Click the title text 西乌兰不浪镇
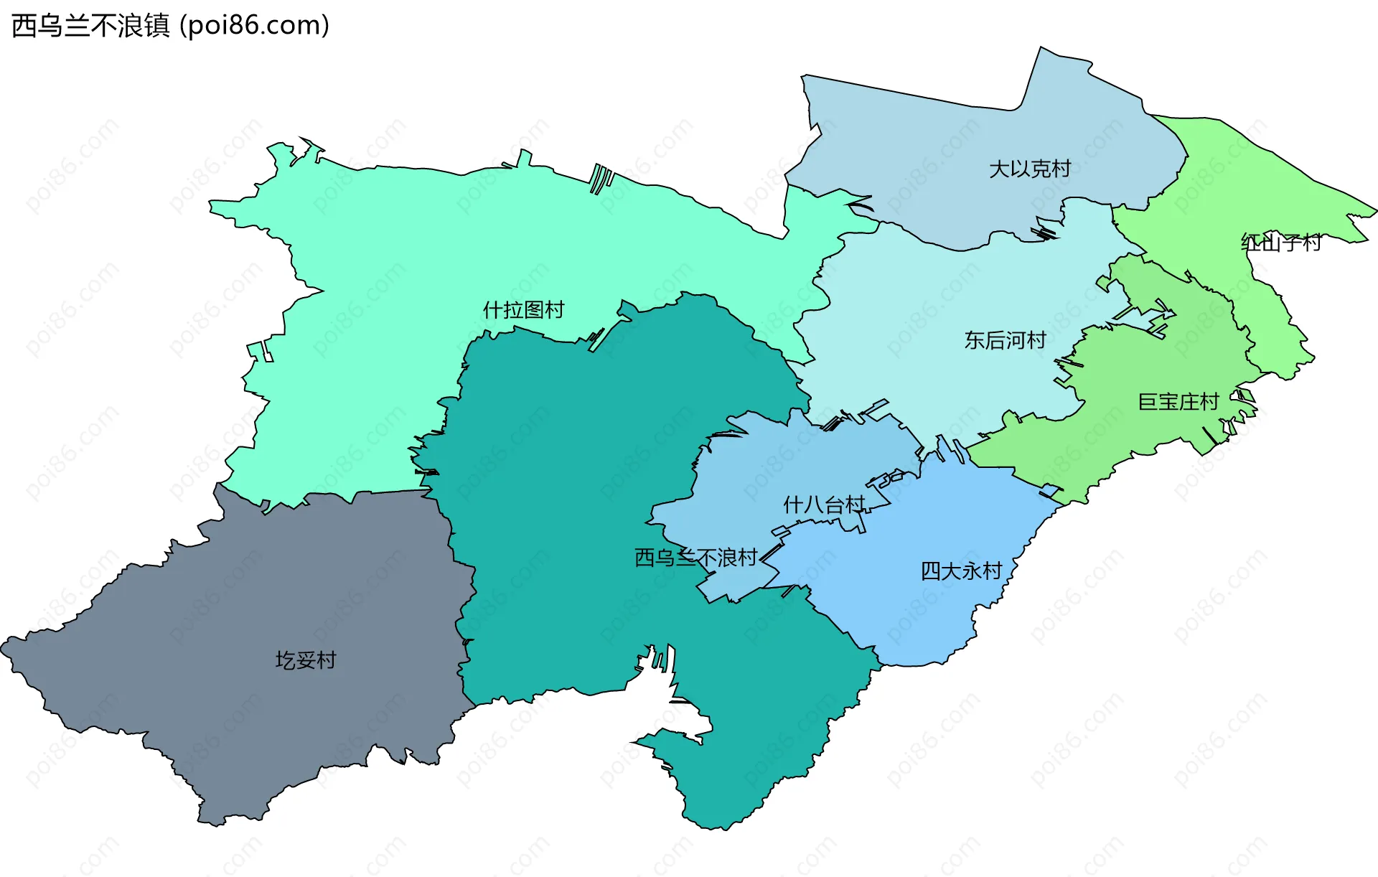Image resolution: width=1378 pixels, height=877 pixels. (x=90, y=26)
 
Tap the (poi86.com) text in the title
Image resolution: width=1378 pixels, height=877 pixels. (x=254, y=26)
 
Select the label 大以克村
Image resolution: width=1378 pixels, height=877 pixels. (x=1030, y=169)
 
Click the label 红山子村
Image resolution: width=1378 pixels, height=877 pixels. (x=1281, y=243)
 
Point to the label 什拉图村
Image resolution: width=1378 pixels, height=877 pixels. (x=524, y=310)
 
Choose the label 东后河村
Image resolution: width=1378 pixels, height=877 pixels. (x=1005, y=340)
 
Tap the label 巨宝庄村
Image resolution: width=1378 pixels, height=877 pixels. (x=1178, y=402)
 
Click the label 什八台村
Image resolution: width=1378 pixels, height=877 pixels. (x=824, y=505)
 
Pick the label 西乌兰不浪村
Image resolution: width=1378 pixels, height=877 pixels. (x=696, y=558)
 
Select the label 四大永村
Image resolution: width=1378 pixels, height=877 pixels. (x=961, y=571)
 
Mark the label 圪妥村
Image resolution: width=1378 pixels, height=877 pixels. (x=306, y=660)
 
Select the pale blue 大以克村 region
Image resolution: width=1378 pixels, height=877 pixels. (x=933, y=144)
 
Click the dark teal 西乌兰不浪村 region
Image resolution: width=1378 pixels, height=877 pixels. (x=574, y=466)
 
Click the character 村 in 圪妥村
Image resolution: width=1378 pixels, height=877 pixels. (x=327, y=660)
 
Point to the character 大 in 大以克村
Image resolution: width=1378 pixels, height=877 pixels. (x=999, y=169)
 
